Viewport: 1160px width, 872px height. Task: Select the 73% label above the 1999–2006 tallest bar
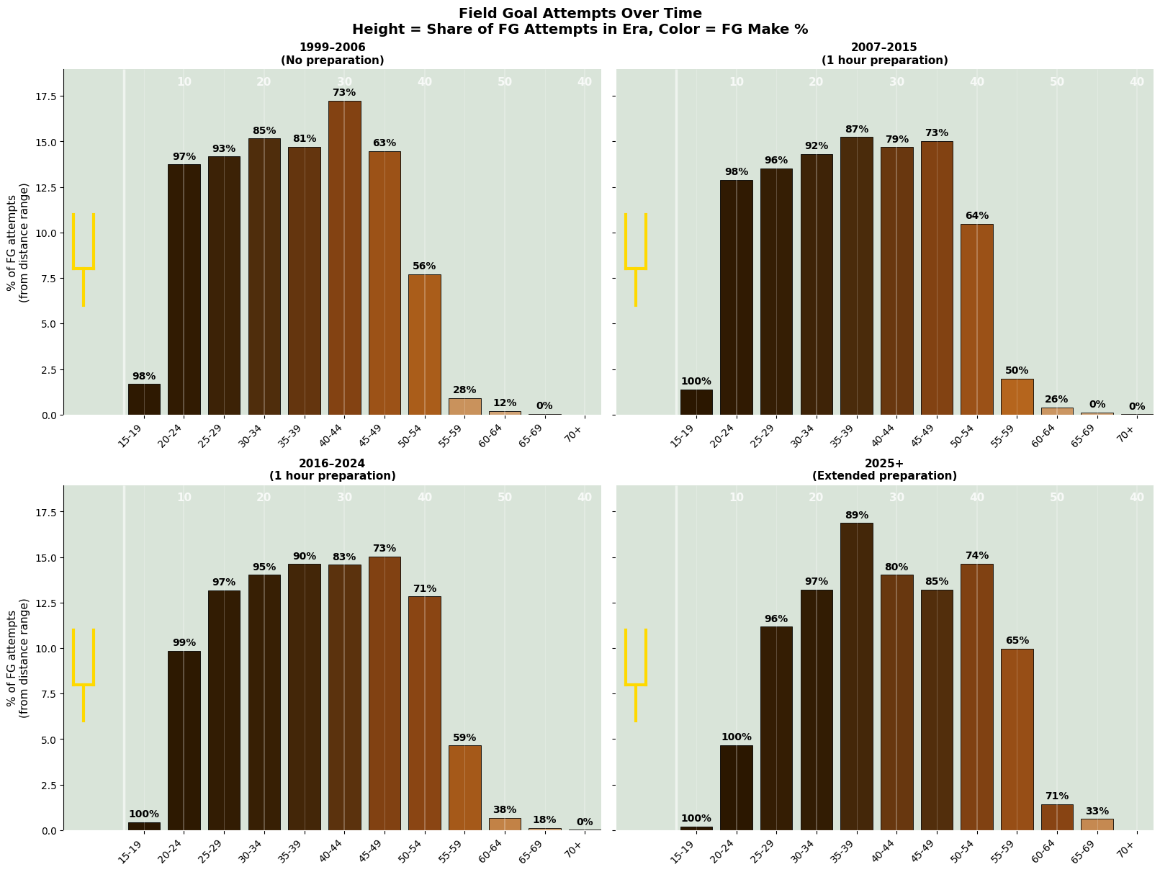click(344, 93)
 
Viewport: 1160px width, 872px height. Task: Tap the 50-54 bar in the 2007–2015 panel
click(976, 320)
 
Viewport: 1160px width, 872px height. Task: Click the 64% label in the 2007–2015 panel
click(976, 216)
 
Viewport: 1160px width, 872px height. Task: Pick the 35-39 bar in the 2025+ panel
click(856, 677)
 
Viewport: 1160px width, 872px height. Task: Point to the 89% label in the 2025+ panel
click(856, 516)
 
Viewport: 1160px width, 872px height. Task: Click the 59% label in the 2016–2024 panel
click(464, 738)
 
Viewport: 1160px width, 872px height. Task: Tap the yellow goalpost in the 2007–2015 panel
click(636, 259)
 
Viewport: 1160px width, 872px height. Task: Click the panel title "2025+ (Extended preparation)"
click(884, 469)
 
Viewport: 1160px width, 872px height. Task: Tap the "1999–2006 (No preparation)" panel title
click(332, 54)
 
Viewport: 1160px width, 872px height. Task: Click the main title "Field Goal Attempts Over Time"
click(580, 13)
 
